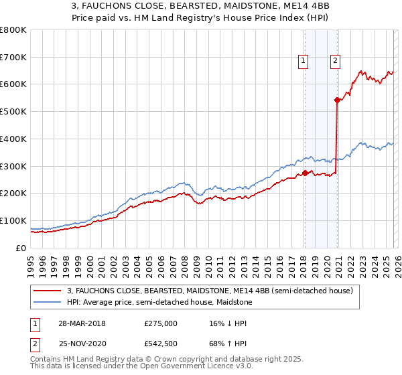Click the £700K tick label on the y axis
(13, 58)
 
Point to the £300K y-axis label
(13, 166)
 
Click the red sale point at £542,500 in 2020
(337, 100)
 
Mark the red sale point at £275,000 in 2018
(305, 173)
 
